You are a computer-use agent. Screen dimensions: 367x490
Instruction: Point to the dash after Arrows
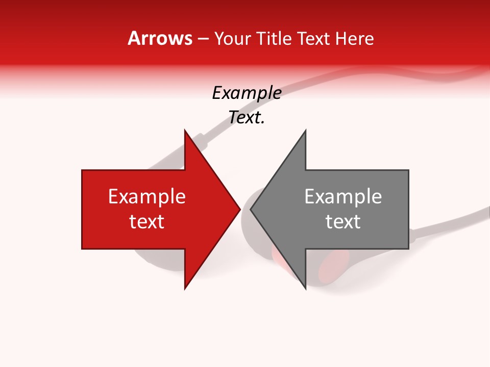pos(203,39)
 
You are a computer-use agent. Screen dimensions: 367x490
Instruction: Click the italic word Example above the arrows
pos(247,93)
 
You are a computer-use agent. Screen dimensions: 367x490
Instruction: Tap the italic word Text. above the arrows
pos(247,117)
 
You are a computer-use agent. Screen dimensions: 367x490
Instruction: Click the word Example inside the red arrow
pos(147,197)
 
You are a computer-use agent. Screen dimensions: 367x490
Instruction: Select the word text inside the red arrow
pos(147,222)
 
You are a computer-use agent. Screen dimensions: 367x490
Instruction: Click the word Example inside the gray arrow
pos(343,197)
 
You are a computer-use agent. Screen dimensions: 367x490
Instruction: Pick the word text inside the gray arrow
pos(343,222)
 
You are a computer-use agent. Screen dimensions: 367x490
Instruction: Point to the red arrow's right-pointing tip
pos(239,209)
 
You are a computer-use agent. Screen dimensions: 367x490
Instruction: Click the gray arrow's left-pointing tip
pos(251,209)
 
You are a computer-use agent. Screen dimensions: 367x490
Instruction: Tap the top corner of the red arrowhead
pos(185,130)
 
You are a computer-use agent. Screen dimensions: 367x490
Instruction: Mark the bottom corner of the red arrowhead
pos(185,289)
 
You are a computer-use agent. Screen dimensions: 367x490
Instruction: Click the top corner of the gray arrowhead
pos(305,130)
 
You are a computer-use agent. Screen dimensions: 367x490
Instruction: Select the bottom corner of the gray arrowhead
pos(305,289)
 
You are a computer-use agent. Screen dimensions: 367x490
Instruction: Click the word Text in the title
pos(313,38)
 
